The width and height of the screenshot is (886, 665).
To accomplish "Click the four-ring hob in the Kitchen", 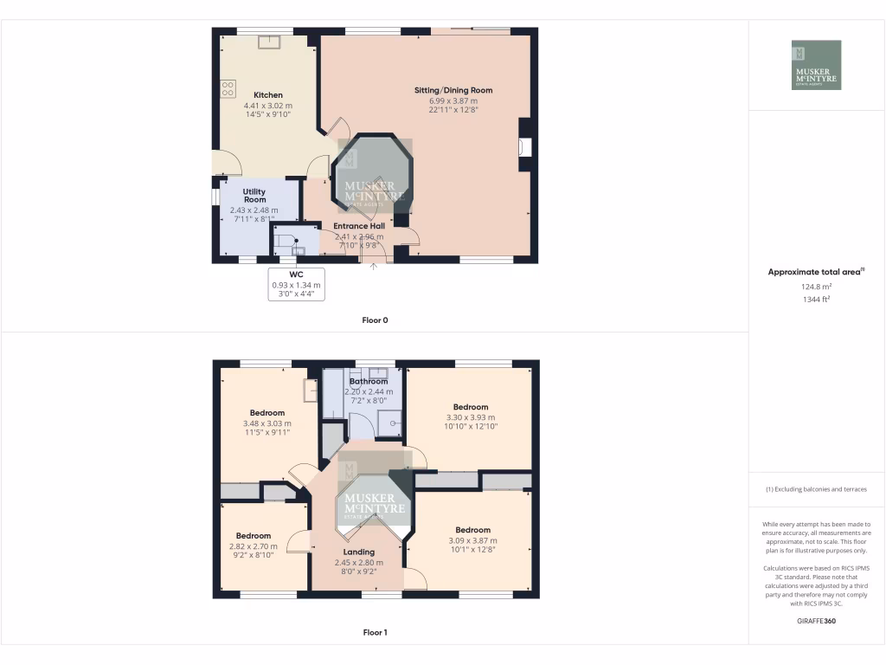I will click(x=228, y=87).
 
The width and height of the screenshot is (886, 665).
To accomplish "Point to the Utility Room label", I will click(x=254, y=196).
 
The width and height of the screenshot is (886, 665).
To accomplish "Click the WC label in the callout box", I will click(x=296, y=275).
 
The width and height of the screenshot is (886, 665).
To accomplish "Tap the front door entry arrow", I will click(x=374, y=266).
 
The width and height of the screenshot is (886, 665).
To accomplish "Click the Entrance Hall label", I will click(x=358, y=226).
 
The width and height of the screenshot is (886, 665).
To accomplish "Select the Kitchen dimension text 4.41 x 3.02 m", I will click(x=267, y=105).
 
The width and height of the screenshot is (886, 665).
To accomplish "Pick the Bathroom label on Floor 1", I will click(x=368, y=382).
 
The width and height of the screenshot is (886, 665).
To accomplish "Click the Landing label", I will click(x=358, y=552).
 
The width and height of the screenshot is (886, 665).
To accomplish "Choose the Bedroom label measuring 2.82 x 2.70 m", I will click(x=254, y=536).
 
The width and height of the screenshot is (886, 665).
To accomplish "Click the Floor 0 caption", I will click(x=375, y=320).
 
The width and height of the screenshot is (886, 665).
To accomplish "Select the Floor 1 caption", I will click(x=375, y=632).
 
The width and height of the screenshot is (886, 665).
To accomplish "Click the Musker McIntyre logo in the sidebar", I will click(x=816, y=65).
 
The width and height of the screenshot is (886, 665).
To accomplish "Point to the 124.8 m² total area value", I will click(x=816, y=286).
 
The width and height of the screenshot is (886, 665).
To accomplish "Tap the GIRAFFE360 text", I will click(x=816, y=621).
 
